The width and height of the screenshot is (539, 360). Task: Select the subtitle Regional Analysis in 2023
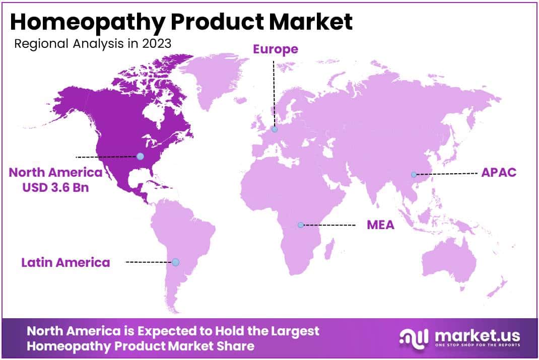pyautogui.click(x=93, y=43)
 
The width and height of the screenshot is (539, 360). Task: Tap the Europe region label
pyautogui.click(x=276, y=49)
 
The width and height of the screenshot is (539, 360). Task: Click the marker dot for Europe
pyautogui.click(x=275, y=129)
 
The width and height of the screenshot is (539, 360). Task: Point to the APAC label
pyautogui.click(x=499, y=173)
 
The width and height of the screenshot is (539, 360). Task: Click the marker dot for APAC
pyautogui.click(x=414, y=175)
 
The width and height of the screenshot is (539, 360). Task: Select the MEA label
pyautogui.click(x=380, y=225)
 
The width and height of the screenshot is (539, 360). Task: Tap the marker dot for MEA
pyautogui.click(x=301, y=225)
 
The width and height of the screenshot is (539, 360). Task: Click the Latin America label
pyautogui.click(x=65, y=262)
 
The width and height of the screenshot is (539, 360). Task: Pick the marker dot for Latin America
pyautogui.click(x=175, y=262)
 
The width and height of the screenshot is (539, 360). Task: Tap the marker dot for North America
pyautogui.click(x=140, y=157)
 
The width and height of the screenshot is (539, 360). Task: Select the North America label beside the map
pyautogui.click(x=55, y=173)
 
